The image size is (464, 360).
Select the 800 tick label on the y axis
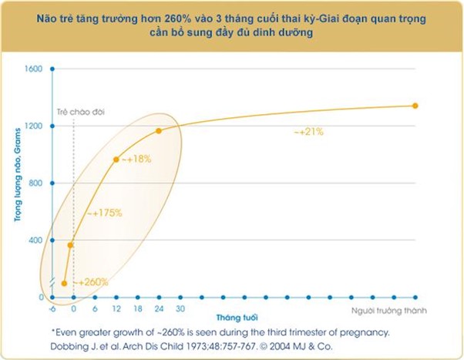pyautogui.click(x=35, y=183)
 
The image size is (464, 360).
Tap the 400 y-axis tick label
pyautogui.click(x=35, y=240)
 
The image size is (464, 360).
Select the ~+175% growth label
pyautogui.click(x=104, y=212)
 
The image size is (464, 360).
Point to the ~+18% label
pyautogui.click(x=139, y=158)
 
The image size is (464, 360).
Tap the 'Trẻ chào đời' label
pyautogui.click(x=80, y=113)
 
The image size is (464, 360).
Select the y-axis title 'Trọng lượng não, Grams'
pyautogui.click(x=15, y=183)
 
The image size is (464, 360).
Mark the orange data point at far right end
pyautogui.click(x=415, y=106)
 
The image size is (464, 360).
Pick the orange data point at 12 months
pyautogui.click(x=116, y=160)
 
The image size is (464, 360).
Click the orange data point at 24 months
pyautogui.click(x=159, y=131)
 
